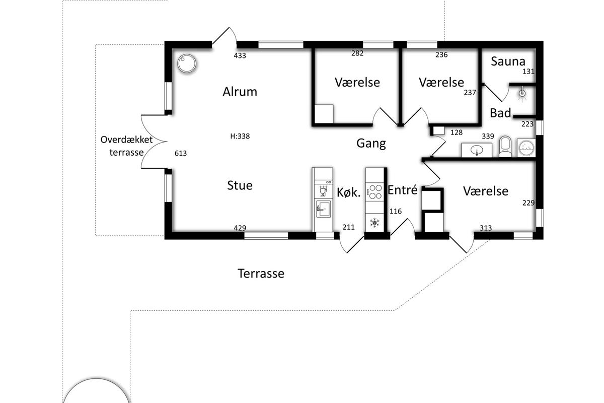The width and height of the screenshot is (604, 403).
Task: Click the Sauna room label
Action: click(508, 61)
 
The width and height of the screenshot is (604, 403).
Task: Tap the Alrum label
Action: click(240, 92)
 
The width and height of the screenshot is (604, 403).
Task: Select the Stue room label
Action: click(240, 185)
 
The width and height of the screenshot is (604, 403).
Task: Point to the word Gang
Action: click(371, 144)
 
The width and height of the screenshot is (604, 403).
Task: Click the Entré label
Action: click(402, 190)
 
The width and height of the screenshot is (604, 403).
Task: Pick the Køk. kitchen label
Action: click(348, 192)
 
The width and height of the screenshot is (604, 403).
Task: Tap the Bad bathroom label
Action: click(500, 113)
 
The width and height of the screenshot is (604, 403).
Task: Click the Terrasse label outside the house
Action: click(261, 274)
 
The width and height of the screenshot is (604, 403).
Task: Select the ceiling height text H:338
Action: click(240, 137)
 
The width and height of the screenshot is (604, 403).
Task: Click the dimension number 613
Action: click(180, 153)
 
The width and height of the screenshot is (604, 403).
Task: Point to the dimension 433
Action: click(240, 55)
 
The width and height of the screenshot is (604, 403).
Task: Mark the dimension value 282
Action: click(357, 53)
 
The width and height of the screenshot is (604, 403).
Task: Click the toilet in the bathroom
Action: click(505, 147)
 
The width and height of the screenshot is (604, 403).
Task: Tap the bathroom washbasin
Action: click(477, 150)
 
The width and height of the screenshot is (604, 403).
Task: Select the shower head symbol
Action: click(522, 94)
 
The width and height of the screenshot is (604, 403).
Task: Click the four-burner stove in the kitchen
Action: click(375, 192)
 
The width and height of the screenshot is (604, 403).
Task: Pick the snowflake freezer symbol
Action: click(374, 223)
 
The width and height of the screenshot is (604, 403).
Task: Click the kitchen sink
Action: click(323, 209)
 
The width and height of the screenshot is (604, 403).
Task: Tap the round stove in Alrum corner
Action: click(187, 63)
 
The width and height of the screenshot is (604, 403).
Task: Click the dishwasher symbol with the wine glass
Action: click(323, 190)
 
